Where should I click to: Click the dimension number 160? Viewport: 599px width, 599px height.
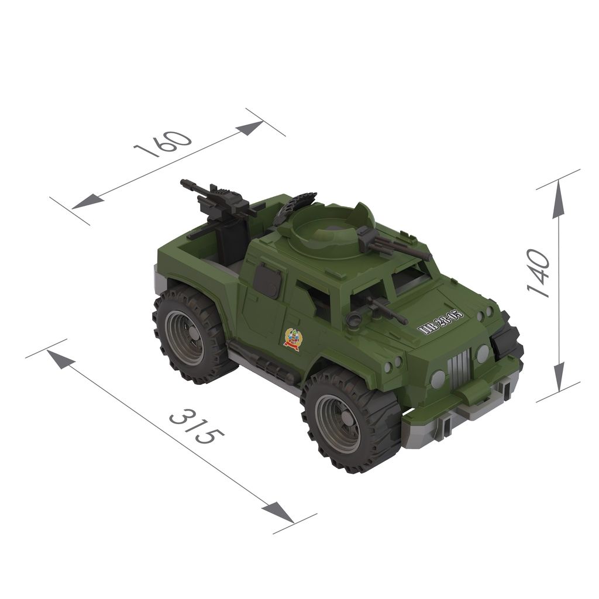pos(163,144)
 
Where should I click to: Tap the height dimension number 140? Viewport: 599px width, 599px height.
pos(539,273)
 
